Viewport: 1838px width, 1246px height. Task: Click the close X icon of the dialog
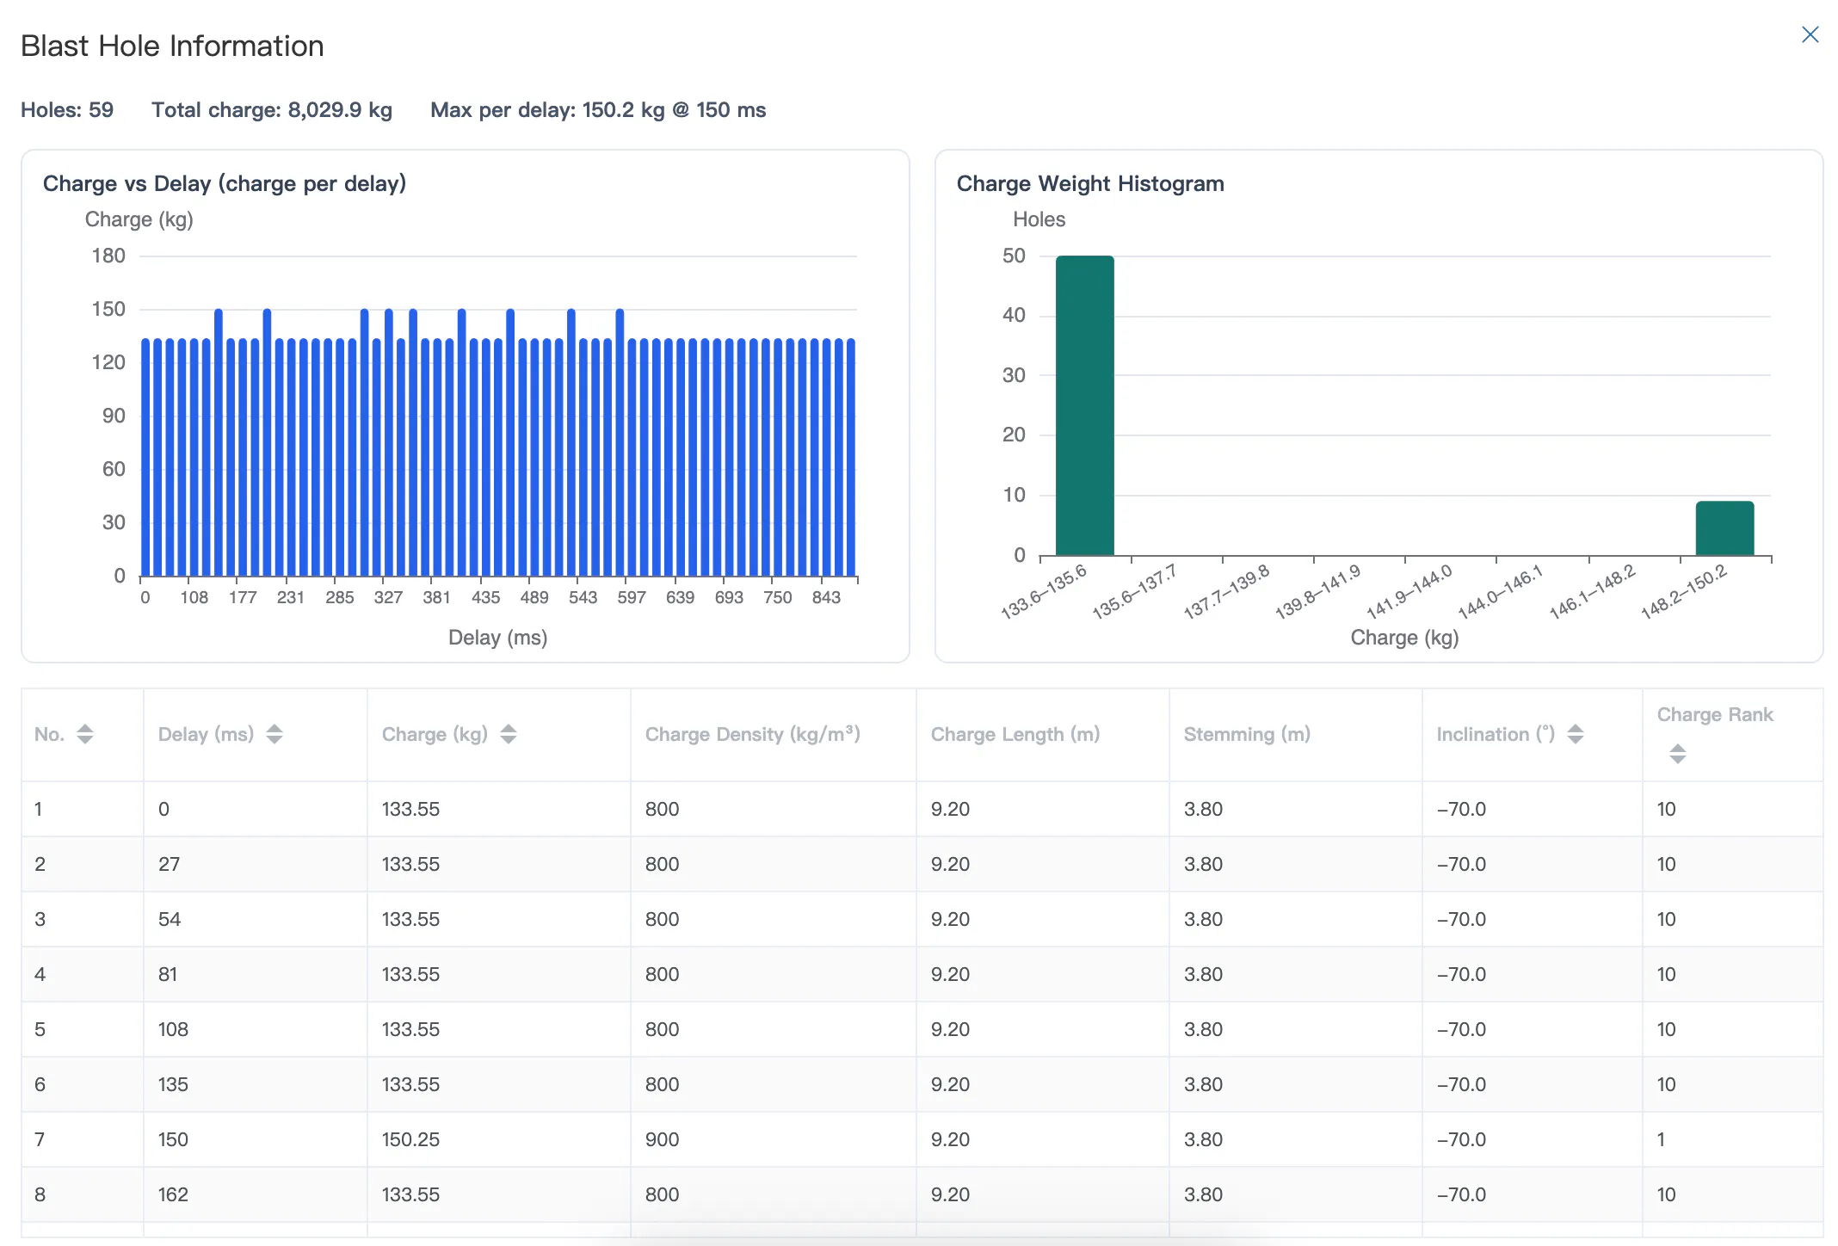pos(1810,34)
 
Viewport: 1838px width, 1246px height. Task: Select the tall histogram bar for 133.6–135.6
pos(1084,405)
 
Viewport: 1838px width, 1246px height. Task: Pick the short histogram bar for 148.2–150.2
pos(1724,528)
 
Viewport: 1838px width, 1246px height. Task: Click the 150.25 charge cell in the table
pos(410,1139)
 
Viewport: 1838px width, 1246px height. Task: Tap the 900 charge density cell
pos(662,1139)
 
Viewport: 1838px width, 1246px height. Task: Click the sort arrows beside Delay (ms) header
pos(274,734)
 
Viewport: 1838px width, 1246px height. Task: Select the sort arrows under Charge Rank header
pos(1677,754)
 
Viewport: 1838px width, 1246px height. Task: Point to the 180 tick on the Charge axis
pos(108,256)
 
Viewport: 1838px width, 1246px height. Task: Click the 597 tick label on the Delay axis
pos(632,597)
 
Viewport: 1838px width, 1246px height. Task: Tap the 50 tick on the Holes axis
pos(1014,256)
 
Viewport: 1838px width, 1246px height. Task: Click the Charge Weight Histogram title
pos(1090,183)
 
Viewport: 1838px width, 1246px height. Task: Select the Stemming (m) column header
pos(1247,734)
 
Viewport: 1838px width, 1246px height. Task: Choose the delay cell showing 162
pos(173,1194)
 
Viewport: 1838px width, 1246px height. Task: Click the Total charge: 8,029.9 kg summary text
pos(272,110)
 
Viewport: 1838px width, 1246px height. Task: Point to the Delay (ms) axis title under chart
pos(497,638)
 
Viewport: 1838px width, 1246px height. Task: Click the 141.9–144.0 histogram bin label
pos(1409,591)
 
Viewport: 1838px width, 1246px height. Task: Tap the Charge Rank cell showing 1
pos(1661,1139)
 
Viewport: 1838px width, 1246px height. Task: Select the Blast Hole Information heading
pos(172,46)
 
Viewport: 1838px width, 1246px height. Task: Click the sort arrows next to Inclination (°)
pos(1576,734)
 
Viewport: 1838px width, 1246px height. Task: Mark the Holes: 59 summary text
pos(67,110)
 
